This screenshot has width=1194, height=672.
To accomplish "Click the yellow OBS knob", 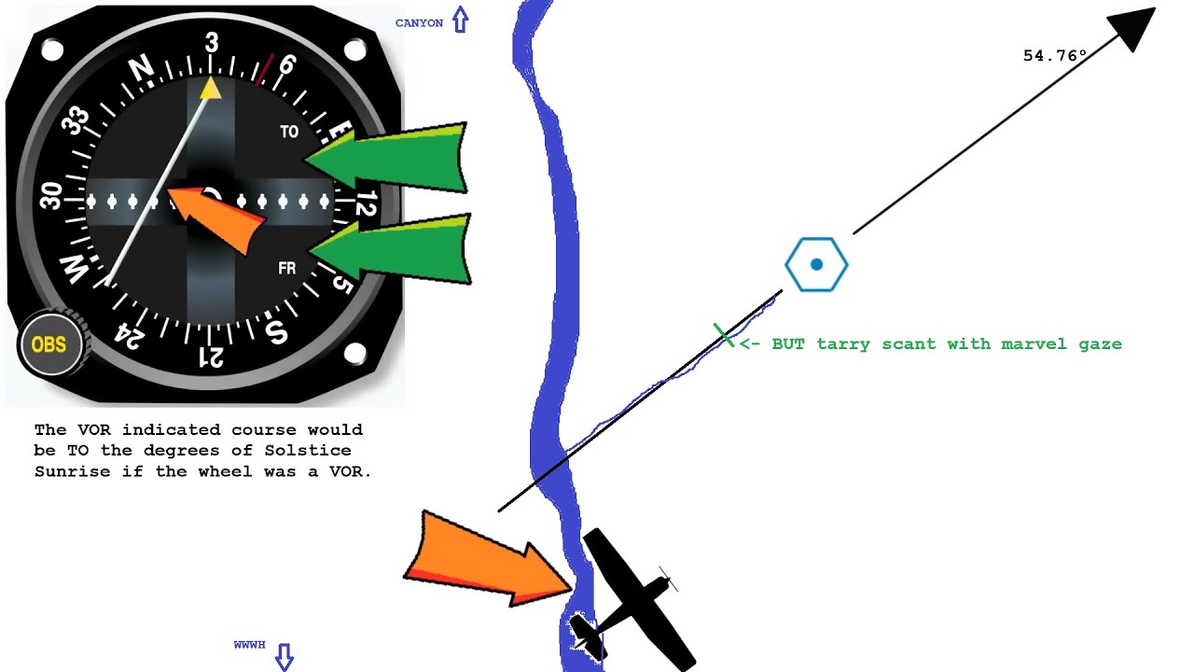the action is click(x=49, y=344).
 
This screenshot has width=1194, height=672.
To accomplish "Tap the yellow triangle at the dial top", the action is click(x=211, y=89).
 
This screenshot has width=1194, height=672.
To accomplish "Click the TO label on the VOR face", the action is click(x=289, y=132).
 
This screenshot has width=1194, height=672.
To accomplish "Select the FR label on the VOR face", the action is click(x=286, y=268).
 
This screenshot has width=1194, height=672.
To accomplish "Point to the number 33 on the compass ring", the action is click(x=76, y=120).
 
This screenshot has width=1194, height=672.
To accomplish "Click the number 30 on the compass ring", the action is click(x=51, y=195).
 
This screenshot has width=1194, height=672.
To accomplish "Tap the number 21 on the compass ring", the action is click(x=211, y=357).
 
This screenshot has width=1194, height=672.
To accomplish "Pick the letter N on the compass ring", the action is click(x=141, y=69).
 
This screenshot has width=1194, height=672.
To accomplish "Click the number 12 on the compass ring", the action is click(x=366, y=203).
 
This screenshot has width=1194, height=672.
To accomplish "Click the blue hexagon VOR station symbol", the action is click(x=816, y=264).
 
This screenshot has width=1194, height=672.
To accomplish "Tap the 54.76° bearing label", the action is click(x=1054, y=55).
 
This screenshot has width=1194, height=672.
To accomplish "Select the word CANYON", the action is click(x=419, y=23).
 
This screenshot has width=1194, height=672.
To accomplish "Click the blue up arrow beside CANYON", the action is click(x=461, y=20).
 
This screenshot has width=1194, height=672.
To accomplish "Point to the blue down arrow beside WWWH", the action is click(x=285, y=656).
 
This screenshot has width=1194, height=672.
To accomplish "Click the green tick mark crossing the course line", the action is click(x=723, y=335).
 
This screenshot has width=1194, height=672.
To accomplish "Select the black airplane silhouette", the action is click(x=632, y=600).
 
